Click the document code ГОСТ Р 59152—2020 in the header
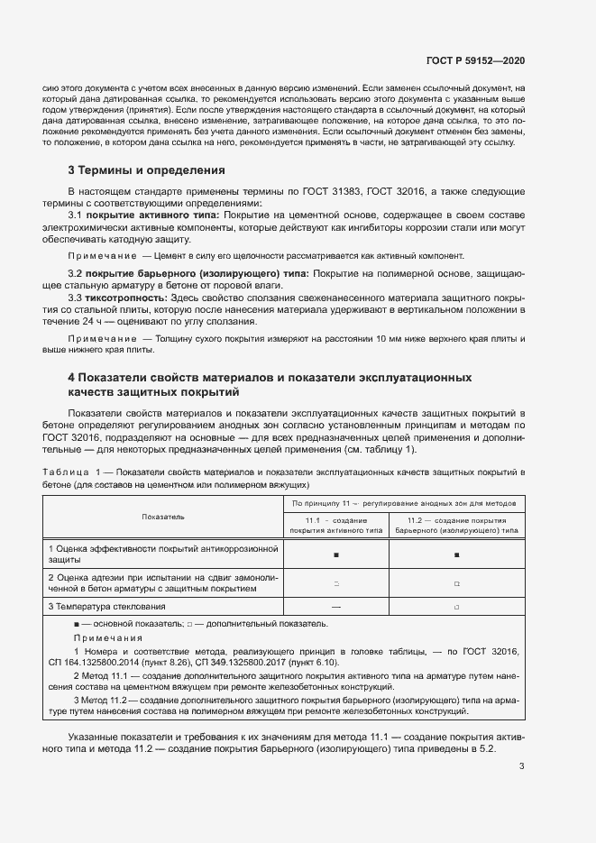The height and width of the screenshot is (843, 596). [475, 61]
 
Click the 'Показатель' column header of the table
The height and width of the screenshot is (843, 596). [162, 517]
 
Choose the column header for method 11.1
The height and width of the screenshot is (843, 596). [335, 526]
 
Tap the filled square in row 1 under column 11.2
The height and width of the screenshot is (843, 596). [456, 554]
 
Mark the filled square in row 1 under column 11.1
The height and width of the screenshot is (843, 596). [335, 554]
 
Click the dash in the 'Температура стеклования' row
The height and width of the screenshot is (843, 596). [335, 607]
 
